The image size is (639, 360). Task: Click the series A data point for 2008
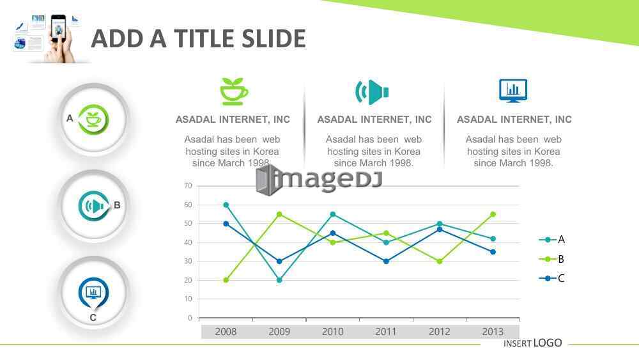[226, 205]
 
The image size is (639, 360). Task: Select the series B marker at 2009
[279, 214]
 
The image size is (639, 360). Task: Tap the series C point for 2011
[386, 262]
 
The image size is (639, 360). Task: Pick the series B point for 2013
[493, 214]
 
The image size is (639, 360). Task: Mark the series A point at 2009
[279, 280]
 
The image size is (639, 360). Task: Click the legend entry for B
[551, 259]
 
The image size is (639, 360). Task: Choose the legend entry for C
[551, 278]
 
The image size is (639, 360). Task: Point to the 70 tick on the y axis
[188, 186]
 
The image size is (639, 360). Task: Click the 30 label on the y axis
[188, 262]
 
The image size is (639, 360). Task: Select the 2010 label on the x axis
[332, 332]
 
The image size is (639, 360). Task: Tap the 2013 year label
[493, 332]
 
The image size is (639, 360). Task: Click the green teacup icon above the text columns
[233, 91]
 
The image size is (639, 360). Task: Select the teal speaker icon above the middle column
[372, 91]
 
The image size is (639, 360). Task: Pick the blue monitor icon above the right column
[513, 91]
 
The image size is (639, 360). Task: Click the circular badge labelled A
[94, 120]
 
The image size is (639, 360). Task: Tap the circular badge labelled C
[94, 293]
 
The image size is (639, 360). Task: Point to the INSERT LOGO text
[533, 343]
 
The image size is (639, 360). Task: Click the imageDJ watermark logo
[319, 180]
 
